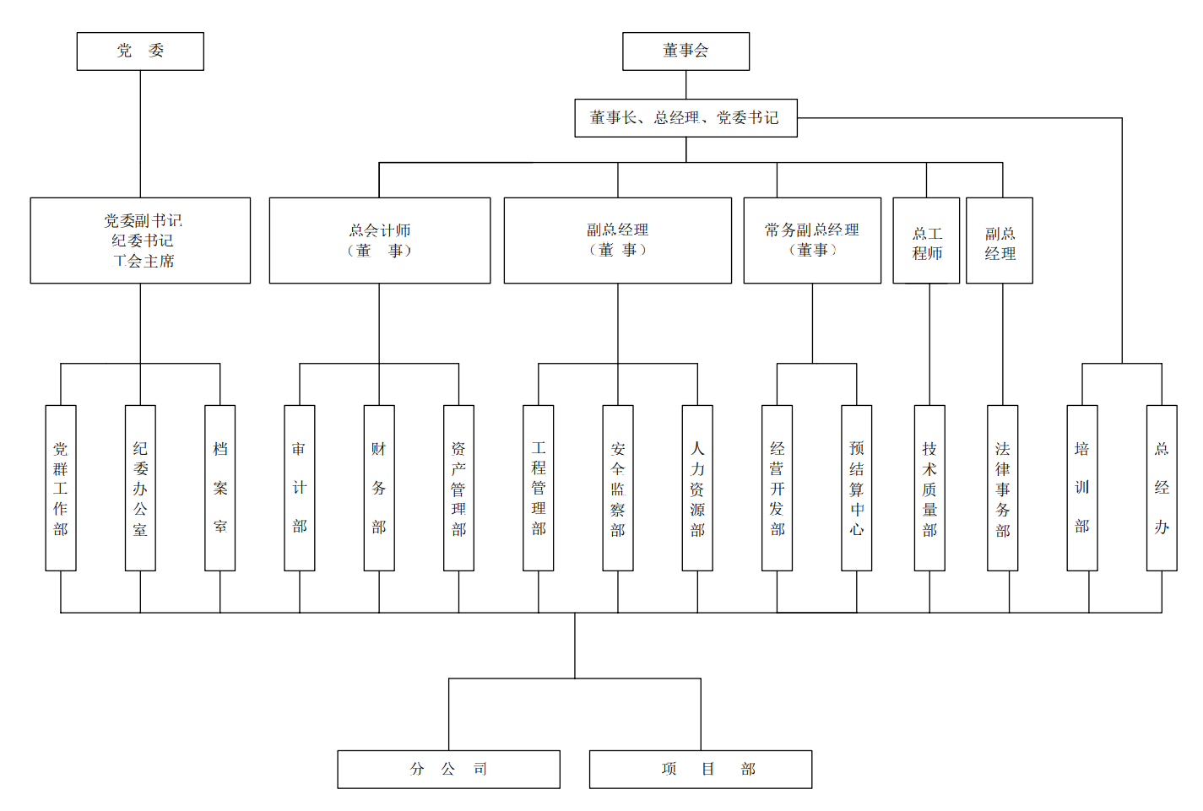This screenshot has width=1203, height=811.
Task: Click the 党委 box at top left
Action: (140, 51)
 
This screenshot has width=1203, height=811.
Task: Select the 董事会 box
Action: (685, 51)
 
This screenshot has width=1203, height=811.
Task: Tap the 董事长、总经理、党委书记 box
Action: (685, 118)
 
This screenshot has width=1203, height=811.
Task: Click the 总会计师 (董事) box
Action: (379, 241)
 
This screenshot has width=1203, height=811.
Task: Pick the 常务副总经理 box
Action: (812, 241)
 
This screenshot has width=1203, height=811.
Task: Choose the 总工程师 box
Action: (926, 241)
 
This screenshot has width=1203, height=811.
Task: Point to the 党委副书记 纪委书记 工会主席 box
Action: (140, 241)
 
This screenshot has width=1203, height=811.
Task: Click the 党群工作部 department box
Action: (61, 488)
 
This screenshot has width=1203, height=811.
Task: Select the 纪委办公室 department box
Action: (140, 488)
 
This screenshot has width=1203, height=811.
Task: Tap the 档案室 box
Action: (220, 488)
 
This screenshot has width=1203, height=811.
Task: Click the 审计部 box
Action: (300, 488)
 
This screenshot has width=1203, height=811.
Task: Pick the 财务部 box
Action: (379, 488)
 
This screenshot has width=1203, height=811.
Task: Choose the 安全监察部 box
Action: (618, 488)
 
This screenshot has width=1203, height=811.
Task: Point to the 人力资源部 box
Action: (697, 488)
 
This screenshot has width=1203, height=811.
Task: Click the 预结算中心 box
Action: (857, 488)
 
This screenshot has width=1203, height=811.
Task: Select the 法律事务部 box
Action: (1003, 488)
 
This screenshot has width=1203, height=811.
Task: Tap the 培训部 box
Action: (1082, 488)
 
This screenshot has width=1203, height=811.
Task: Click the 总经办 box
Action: (1162, 488)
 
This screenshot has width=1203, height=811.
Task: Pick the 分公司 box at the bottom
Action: (448, 769)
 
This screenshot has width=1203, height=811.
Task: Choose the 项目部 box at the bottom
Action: (701, 769)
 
